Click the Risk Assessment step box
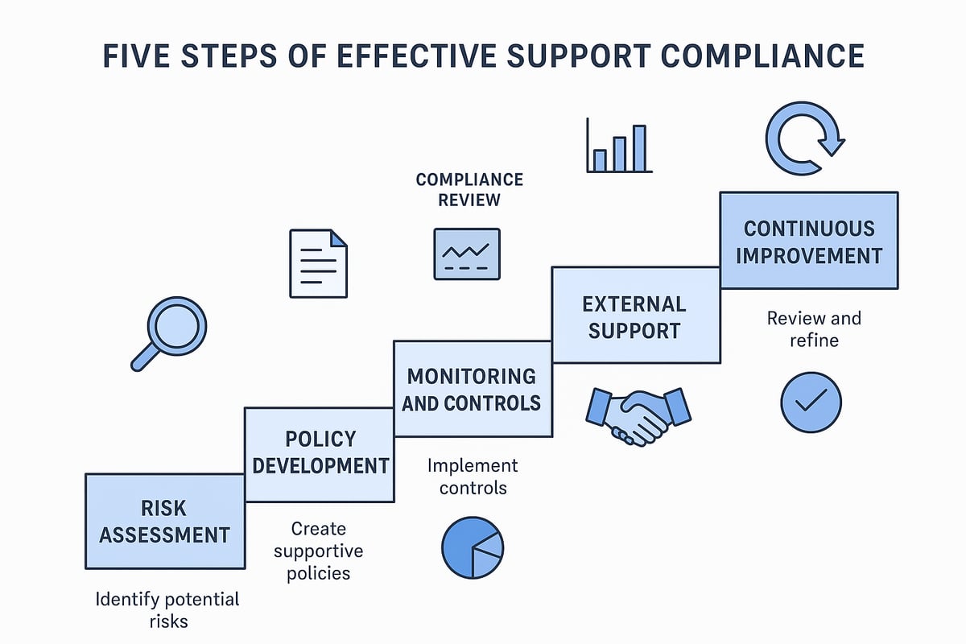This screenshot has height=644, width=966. [x=165, y=521]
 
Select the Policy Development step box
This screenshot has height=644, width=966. [x=320, y=452]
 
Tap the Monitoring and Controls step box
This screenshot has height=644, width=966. [x=473, y=388]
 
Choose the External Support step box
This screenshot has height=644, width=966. [x=635, y=315]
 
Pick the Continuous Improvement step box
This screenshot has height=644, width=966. [x=809, y=240]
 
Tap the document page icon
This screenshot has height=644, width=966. [x=318, y=263]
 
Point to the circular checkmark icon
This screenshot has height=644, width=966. [x=811, y=402]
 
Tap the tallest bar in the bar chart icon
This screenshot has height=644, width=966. [x=639, y=148]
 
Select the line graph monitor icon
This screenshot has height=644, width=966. [x=467, y=254]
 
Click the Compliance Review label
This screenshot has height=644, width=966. [x=469, y=189]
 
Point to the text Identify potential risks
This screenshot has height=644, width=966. [x=167, y=610]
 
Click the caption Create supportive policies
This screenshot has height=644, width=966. [x=318, y=551]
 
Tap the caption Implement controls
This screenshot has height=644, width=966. [x=473, y=477]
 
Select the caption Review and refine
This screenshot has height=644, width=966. [x=813, y=329]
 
